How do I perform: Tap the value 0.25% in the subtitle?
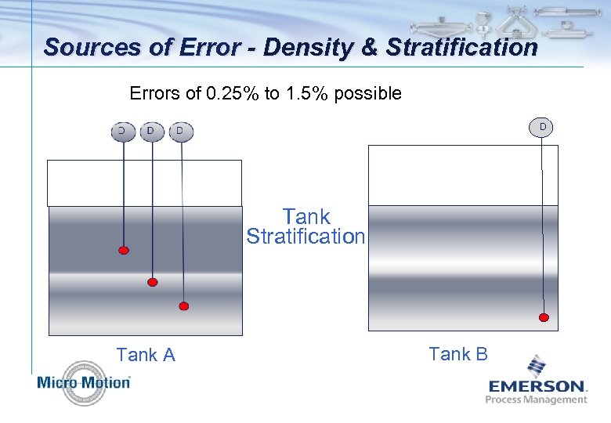(x=232, y=94)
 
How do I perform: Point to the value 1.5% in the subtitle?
(x=307, y=94)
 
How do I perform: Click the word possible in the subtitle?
(x=369, y=94)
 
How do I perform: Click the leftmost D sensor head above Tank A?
(x=122, y=131)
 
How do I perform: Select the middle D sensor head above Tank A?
(x=151, y=131)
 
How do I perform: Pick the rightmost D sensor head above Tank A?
(x=181, y=131)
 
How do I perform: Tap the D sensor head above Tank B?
(x=541, y=127)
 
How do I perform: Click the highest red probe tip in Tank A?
(x=124, y=251)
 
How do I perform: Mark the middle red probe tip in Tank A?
(x=153, y=282)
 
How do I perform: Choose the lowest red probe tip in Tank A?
(x=183, y=306)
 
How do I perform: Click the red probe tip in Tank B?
(x=544, y=317)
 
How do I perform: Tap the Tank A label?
(x=146, y=355)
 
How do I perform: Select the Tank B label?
(x=458, y=354)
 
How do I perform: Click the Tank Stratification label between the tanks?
(x=305, y=226)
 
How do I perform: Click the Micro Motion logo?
(x=83, y=382)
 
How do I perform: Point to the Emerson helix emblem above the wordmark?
(x=536, y=366)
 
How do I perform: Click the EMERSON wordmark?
(x=537, y=386)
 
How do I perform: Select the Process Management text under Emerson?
(x=536, y=399)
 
